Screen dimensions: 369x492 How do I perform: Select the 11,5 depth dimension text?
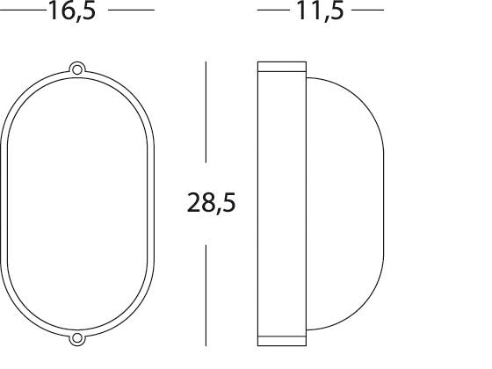pyautogui.click(x=321, y=12)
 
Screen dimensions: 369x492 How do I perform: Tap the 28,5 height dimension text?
pyautogui.click(x=211, y=204)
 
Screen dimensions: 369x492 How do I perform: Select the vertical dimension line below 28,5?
pyautogui.click(x=206, y=294)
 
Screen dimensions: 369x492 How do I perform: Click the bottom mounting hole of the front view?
pyautogui.click(x=77, y=338)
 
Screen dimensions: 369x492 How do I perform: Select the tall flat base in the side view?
pyautogui.click(x=282, y=204)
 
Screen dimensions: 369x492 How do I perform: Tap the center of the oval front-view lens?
pyautogui.click(x=77, y=204)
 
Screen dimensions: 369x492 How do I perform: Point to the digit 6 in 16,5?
pyautogui.click(x=70, y=12)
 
